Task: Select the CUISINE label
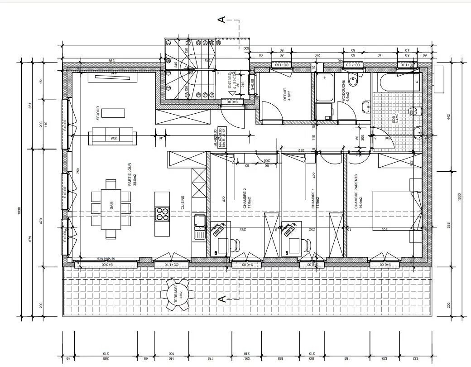click(x=183, y=202)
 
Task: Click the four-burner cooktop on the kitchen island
click(x=163, y=214)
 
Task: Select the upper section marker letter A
click(x=222, y=19)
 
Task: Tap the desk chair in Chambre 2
click(x=236, y=245)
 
